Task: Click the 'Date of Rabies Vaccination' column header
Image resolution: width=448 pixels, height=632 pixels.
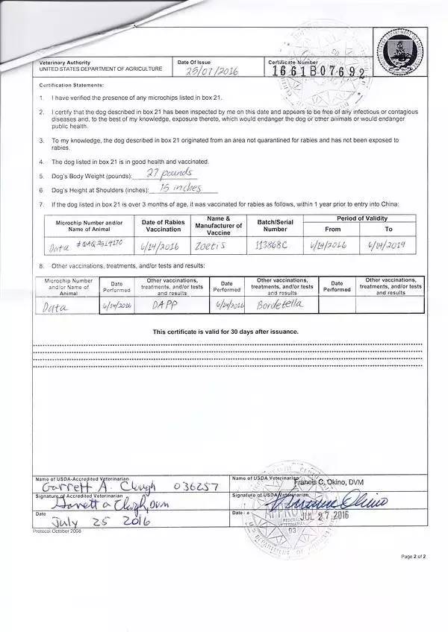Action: coord(164,225)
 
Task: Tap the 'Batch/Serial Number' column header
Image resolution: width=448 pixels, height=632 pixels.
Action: coord(276,225)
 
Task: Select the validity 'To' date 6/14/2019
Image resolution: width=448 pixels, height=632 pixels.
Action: coord(388,246)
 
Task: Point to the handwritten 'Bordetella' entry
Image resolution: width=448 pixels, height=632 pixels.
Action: coord(281,305)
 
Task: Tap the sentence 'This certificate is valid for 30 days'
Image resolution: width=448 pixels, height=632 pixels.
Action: coord(225,332)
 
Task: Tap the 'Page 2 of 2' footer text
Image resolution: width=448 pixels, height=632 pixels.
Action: coord(413,556)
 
